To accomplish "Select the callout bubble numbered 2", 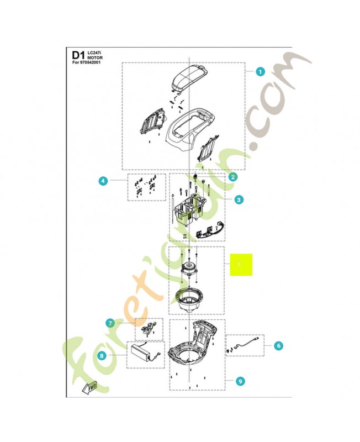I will (x=233, y=177).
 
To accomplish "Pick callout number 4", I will (x=102, y=180).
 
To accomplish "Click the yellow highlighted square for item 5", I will (x=241, y=265).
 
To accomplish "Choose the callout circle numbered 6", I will (x=278, y=346).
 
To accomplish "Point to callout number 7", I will (x=110, y=323).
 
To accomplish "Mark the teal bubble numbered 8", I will (x=102, y=356).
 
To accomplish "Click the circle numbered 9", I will (x=239, y=381).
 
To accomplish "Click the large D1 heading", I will (x=78, y=55).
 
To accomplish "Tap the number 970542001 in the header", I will (x=93, y=62).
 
